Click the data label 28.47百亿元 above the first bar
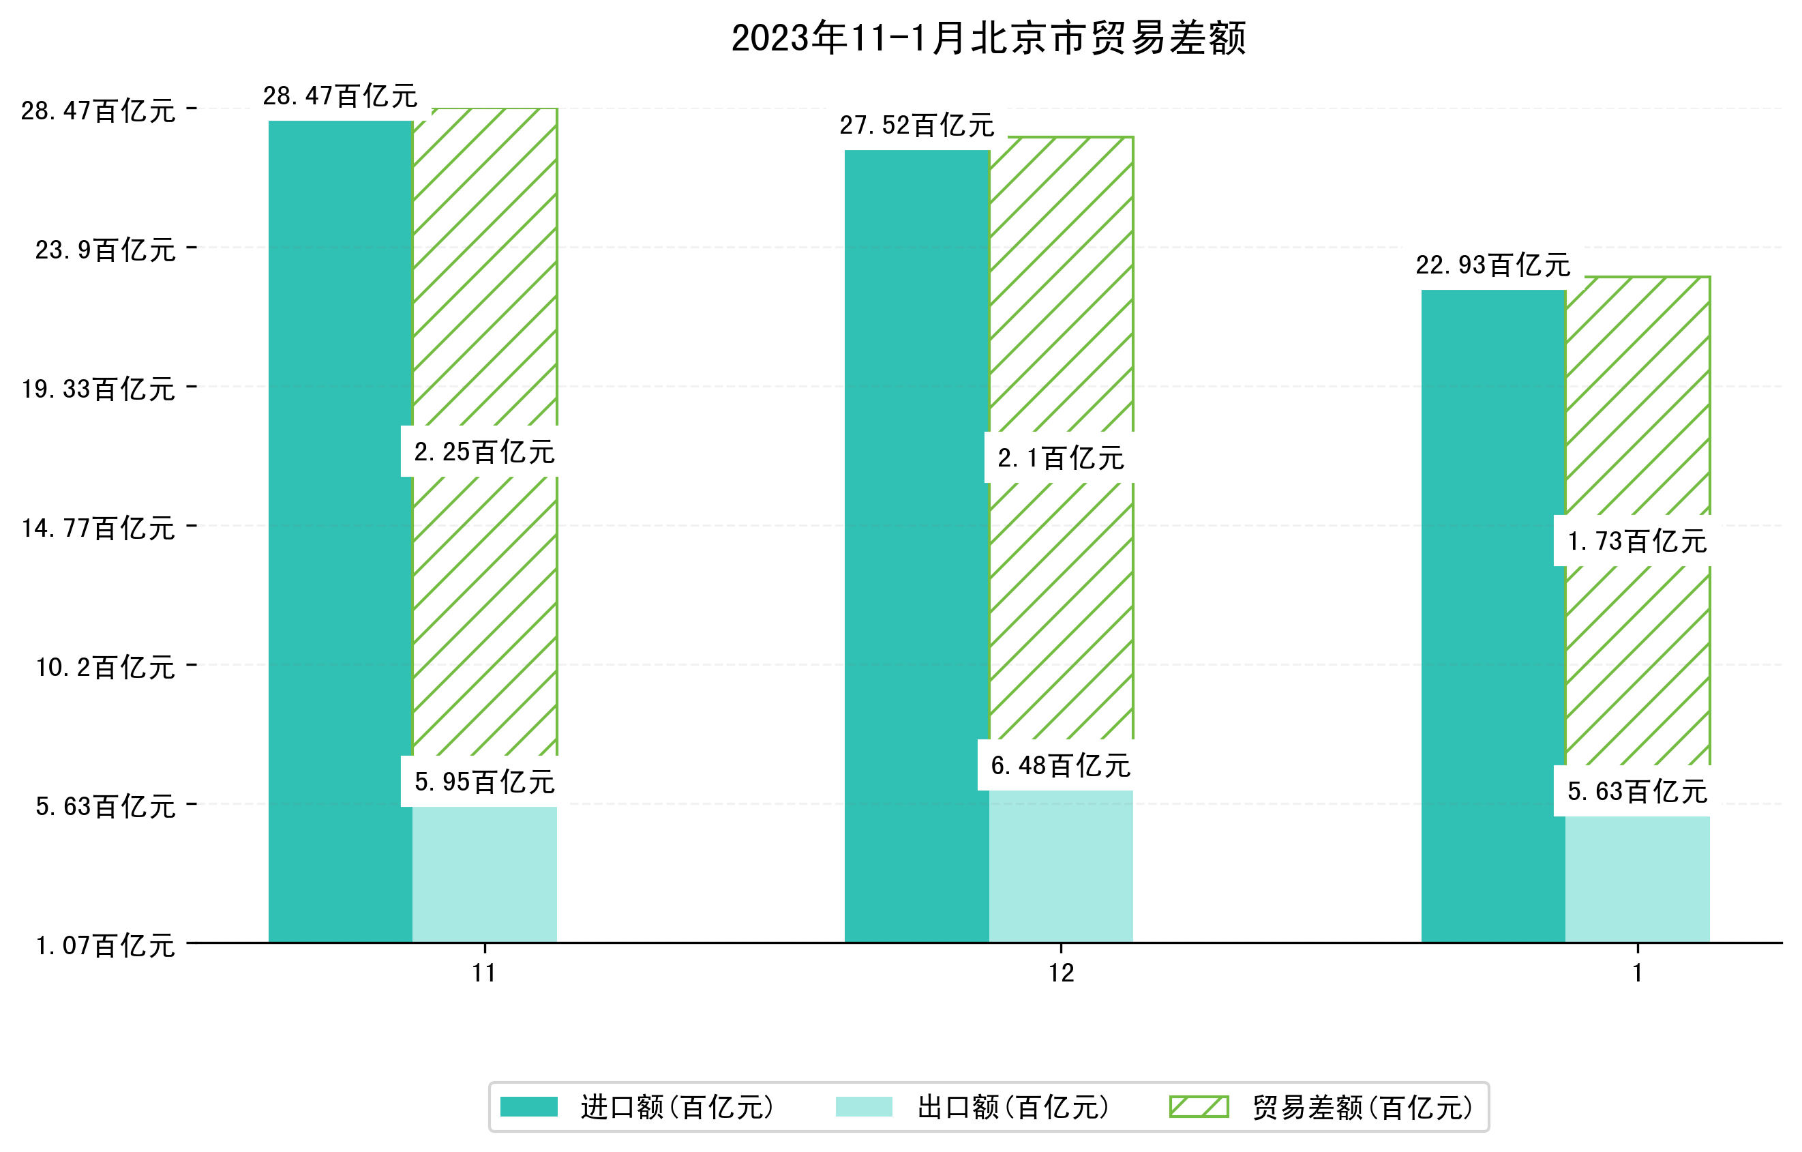340,95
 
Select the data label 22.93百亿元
1492,264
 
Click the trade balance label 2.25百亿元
484,452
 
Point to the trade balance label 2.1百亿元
1060,458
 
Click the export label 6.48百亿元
1060,765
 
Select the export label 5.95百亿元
484,782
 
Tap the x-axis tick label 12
1061,973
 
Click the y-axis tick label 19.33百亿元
98,389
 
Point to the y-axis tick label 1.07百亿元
106,945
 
